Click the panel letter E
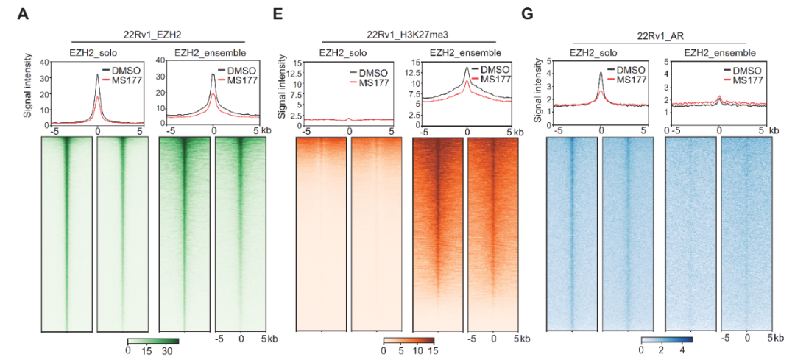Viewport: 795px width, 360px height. tap(278, 14)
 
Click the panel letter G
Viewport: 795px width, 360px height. tap(526, 14)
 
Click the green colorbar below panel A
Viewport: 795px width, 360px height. tap(152, 340)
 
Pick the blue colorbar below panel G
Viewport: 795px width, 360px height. tap(666, 340)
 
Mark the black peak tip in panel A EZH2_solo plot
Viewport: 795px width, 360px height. tap(98, 74)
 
